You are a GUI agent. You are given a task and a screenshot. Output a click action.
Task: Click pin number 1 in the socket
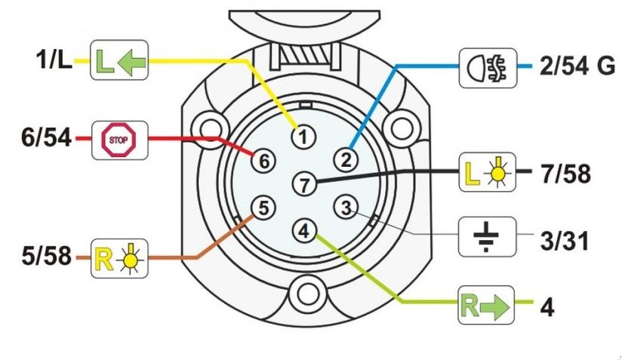(303, 137)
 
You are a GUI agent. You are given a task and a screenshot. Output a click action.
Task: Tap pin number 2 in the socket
(346, 158)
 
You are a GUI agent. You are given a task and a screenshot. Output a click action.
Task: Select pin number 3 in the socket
(346, 207)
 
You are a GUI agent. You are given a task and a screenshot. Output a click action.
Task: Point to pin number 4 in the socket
(303, 229)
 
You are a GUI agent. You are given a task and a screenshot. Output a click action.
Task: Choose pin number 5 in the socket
(261, 207)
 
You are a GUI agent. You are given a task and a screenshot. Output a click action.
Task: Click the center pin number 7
(303, 183)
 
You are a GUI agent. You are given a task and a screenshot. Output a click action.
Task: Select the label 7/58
(565, 174)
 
